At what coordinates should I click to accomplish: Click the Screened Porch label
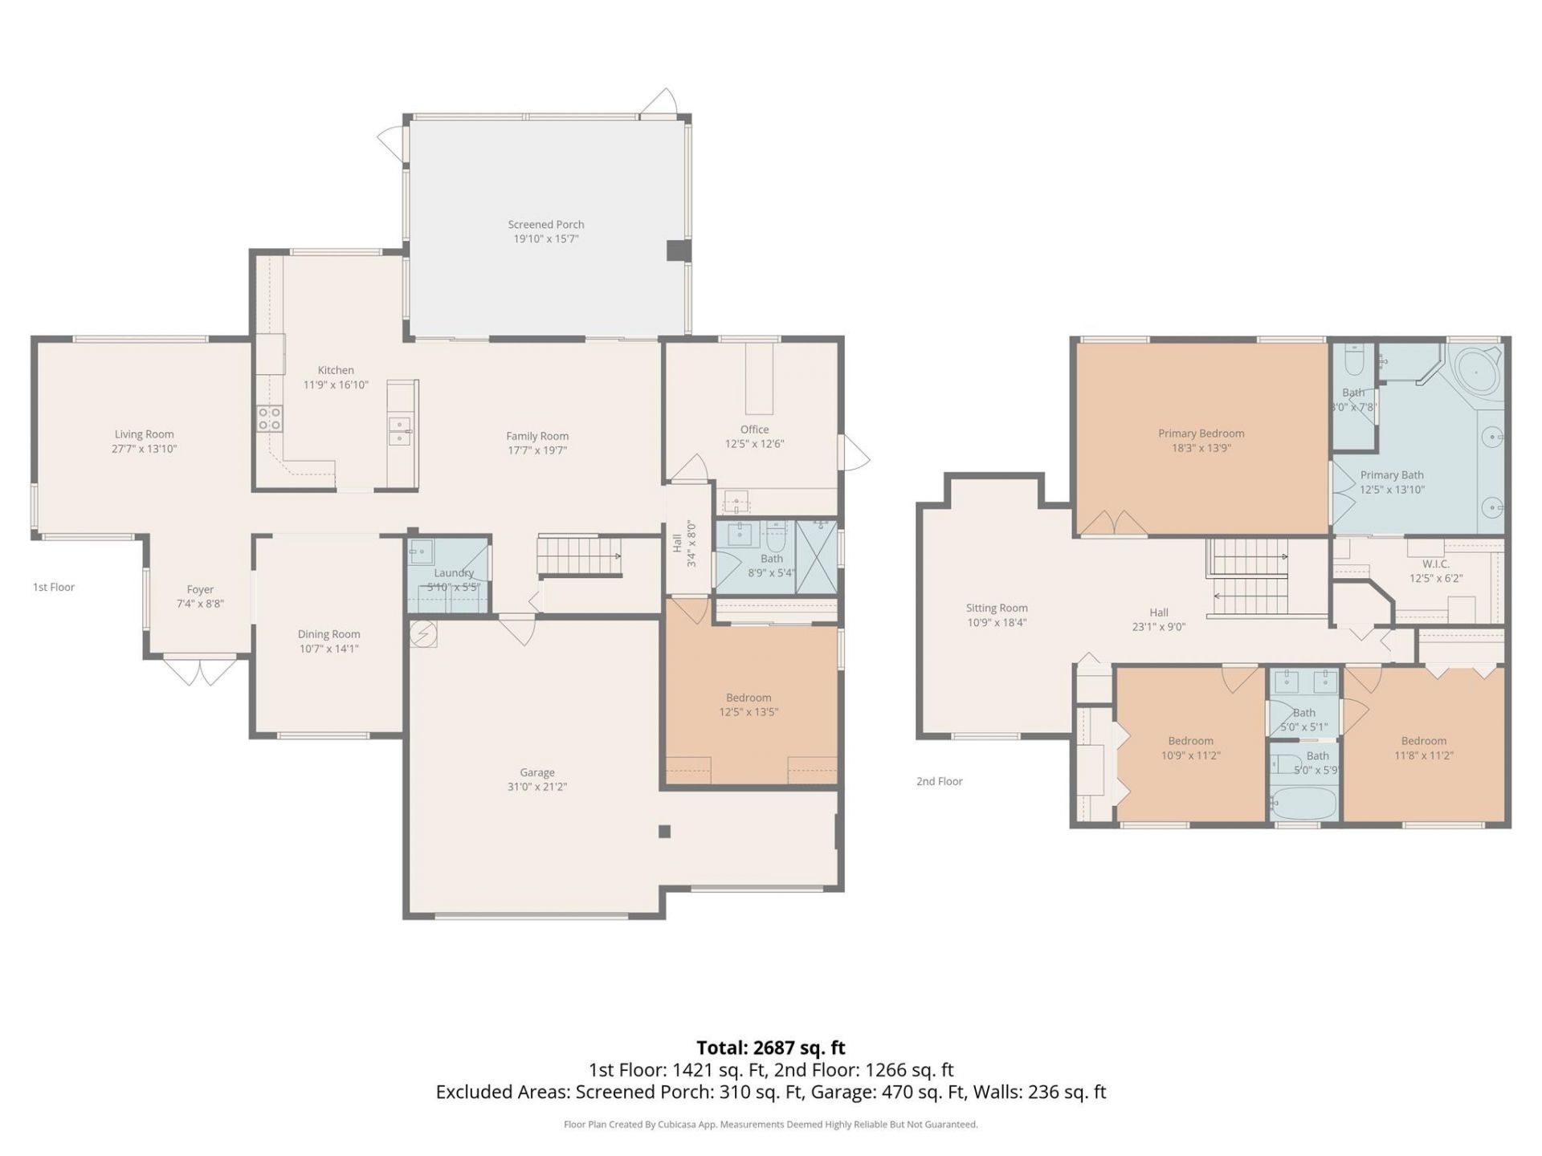[x=545, y=225]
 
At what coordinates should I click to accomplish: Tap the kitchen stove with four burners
[x=270, y=418]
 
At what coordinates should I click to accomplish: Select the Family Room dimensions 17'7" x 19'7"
[x=536, y=450]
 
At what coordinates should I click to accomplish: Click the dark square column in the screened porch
[x=678, y=250]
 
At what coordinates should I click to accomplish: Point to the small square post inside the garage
[x=664, y=832]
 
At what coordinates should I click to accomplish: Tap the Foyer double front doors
[x=200, y=670]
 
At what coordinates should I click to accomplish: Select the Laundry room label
[x=454, y=573]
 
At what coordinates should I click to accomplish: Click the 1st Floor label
[x=54, y=588]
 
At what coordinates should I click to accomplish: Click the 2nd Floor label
[x=939, y=781]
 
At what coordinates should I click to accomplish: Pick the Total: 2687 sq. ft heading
[x=770, y=1048]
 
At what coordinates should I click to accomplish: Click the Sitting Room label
[x=996, y=609]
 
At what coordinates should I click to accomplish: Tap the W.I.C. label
[x=1435, y=564]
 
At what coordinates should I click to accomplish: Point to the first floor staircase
[x=579, y=556]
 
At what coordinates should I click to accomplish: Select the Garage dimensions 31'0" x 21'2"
[x=536, y=787]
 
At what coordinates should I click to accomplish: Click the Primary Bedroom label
[x=1201, y=433]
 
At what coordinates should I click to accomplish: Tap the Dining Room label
[x=328, y=634]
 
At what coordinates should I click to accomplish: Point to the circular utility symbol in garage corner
[x=423, y=634]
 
